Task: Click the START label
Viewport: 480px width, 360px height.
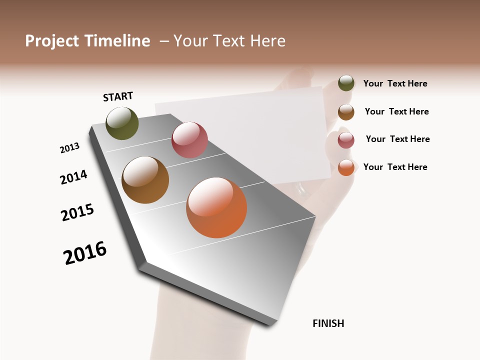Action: (x=118, y=96)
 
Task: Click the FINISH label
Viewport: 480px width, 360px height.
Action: (x=328, y=323)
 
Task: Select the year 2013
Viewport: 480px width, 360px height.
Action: (x=69, y=148)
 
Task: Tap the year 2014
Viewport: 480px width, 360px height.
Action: (x=73, y=177)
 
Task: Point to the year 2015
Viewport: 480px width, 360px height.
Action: (x=77, y=212)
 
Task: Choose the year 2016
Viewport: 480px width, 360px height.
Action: (x=85, y=253)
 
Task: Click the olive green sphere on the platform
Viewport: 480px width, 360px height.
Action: (x=122, y=123)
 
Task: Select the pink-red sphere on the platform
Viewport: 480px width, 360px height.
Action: (x=189, y=139)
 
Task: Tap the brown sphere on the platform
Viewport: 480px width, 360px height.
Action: (x=145, y=180)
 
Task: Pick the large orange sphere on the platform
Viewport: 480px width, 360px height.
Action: (x=216, y=207)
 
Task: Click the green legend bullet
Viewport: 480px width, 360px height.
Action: (x=346, y=83)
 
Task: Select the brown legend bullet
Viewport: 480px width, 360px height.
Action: (x=346, y=112)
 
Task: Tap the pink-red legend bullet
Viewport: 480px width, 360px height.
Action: (x=346, y=140)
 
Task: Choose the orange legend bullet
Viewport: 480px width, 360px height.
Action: (x=346, y=167)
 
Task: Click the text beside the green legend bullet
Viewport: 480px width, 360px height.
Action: (x=395, y=83)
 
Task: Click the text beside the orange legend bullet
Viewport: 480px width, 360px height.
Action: (x=395, y=167)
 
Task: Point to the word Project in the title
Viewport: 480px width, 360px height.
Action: (x=52, y=41)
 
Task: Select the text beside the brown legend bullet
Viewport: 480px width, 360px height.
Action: (x=396, y=111)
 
